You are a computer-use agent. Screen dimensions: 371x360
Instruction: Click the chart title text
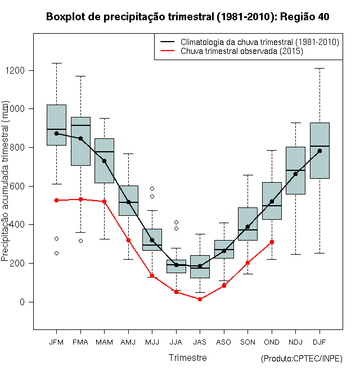[x=187, y=17]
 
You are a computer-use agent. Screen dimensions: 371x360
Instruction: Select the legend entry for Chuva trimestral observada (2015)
[x=242, y=51]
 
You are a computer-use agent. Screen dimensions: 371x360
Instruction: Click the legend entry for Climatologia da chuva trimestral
[x=260, y=42]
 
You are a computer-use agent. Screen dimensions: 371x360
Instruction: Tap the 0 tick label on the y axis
[x=23, y=302]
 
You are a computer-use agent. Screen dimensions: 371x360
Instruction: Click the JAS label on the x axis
[x=200, y=342]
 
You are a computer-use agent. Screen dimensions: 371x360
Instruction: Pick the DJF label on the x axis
[x=319, y=342]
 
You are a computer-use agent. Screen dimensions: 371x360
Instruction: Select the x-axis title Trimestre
[x=187, y=358]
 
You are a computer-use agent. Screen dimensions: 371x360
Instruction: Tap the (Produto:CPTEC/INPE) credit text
[x=301, y=359]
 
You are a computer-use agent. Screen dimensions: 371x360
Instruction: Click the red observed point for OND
[x=272, y=242]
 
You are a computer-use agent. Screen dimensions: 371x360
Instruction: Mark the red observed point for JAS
[x=200, y=299]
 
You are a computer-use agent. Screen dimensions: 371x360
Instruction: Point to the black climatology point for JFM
[x=56, y=133]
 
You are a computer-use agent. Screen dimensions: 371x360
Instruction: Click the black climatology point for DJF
[x=319, y=151]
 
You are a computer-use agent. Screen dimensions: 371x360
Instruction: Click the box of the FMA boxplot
[x=80, y=141]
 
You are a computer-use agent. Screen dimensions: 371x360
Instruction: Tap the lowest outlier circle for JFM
[x=56, y=253]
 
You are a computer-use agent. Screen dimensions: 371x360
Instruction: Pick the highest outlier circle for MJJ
[x=152, y=188]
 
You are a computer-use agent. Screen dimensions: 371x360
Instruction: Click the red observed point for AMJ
[x=128, y=240]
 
